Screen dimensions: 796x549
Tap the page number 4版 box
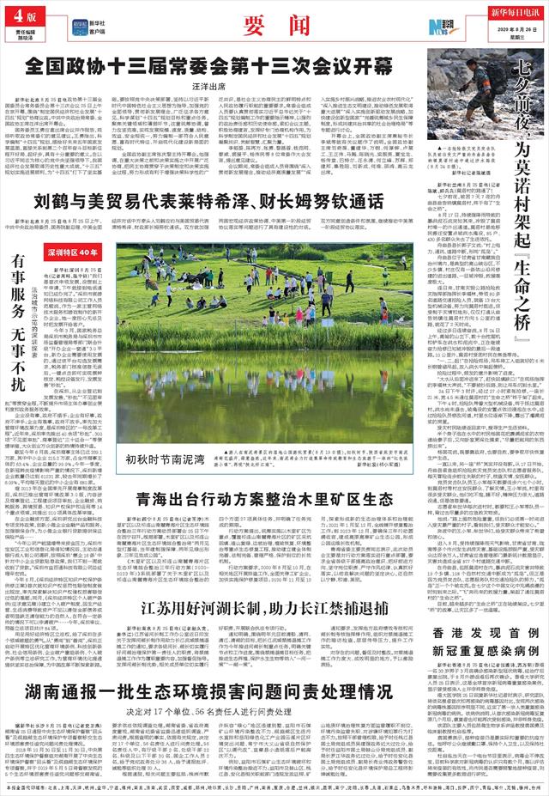[x=21, y=18]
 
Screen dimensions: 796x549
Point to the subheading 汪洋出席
[x=204, y=86]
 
